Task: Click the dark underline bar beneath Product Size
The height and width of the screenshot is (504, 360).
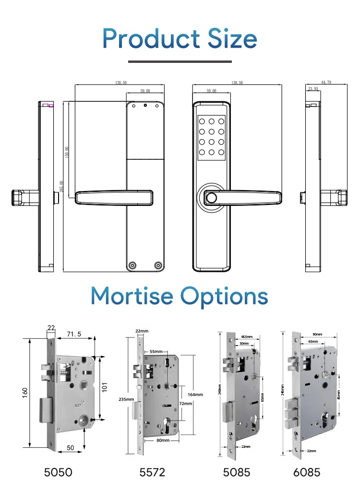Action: click(x=180, y=61)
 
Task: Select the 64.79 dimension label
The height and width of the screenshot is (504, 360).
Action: click(x=326, y=83)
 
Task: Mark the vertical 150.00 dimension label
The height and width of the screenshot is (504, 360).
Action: click(x=67, y=152)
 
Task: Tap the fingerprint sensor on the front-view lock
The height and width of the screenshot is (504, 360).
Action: click(x=210, y=197)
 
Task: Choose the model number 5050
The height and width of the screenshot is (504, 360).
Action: click(x=58, y=472)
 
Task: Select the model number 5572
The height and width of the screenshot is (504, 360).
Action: click(x=152, y=472)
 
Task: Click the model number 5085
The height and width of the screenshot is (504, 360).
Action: click(x=237, y=472)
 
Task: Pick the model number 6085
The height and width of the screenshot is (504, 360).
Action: click(x=307, y=472)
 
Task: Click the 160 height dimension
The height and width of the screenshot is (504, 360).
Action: click(x=25, y=392)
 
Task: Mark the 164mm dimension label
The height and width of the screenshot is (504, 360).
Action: click(x=195, y=395)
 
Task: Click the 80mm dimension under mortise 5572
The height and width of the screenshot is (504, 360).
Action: click(x=162, y=440)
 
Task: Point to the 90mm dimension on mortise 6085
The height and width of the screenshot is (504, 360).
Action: click(x=317, y=334)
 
